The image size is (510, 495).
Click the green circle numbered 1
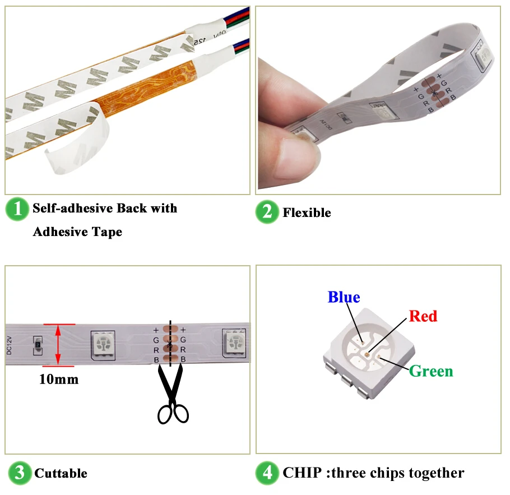17,209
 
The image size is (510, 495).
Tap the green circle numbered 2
267,212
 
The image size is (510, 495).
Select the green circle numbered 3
19,473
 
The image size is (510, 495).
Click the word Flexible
307,213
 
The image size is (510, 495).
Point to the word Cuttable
61,474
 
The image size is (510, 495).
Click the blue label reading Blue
344,297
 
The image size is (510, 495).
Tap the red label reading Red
423,316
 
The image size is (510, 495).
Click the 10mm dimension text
59,380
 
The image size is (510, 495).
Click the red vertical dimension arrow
58,345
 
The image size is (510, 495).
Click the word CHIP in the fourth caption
302,473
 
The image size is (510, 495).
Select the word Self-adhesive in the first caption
72,209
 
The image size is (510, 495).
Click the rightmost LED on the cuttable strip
234,343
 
